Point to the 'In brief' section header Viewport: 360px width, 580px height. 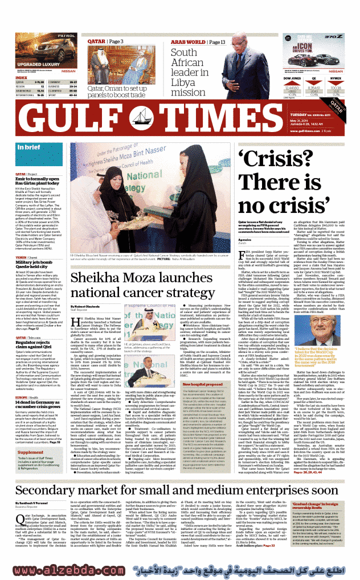24,148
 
